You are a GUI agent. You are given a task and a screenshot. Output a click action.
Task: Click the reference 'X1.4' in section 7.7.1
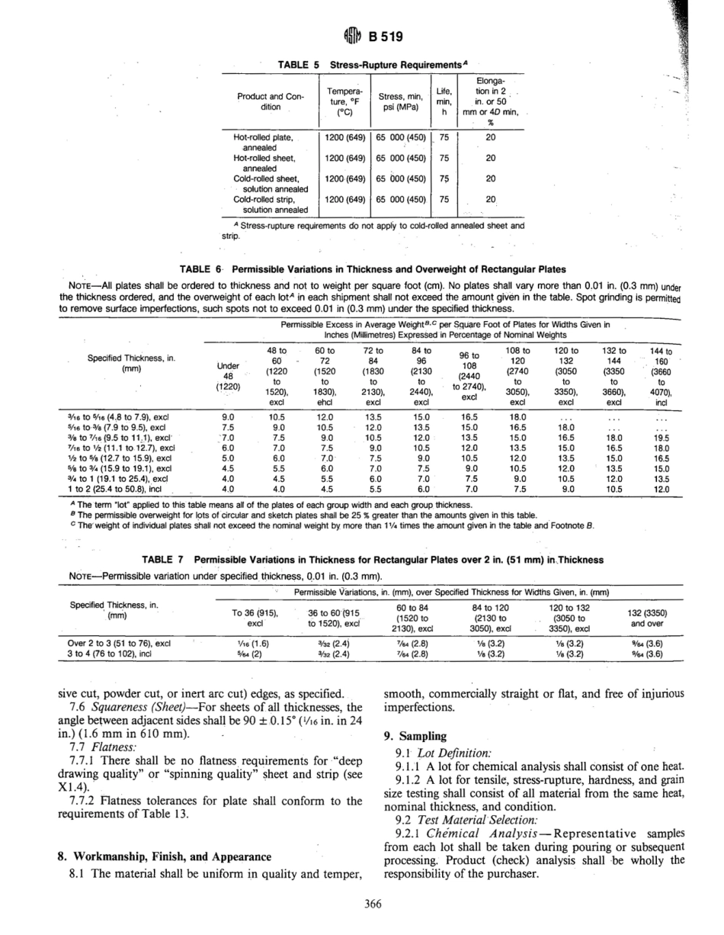click(x=73, y=786)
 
